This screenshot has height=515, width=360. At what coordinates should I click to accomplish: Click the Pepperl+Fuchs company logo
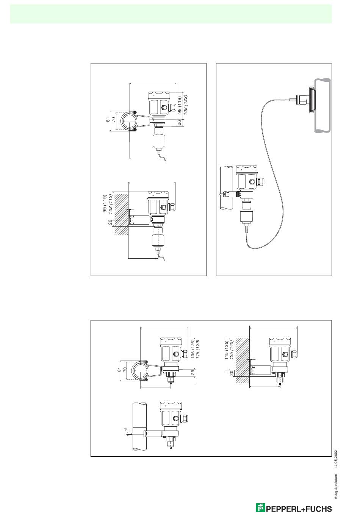tap(294, 508)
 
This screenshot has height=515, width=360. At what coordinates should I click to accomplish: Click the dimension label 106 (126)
tap(192, 348)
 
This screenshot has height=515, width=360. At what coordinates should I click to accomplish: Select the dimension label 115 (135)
tap(226, 350)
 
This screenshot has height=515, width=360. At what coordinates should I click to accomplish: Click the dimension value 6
tap(126, 429)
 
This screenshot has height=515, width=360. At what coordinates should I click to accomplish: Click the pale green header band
tap(171, 14)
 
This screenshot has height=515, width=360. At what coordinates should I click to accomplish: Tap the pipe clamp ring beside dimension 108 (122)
tap(129, 122)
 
